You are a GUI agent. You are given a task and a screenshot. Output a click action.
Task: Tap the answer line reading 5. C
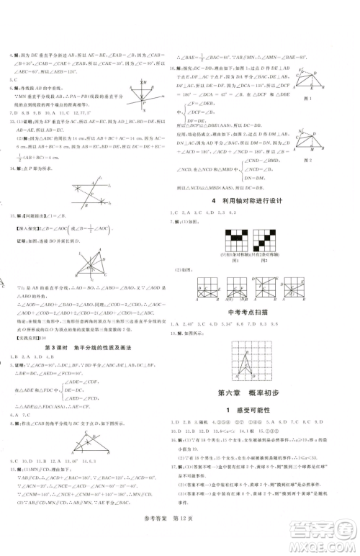pos(14,81)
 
